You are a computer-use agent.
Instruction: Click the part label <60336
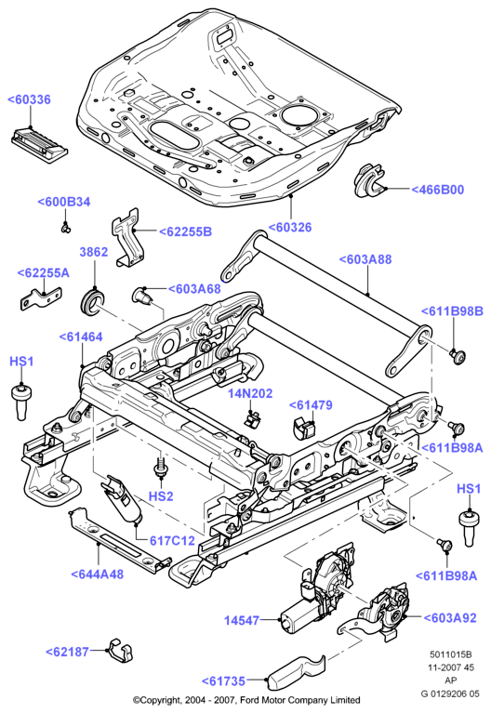point(29,99)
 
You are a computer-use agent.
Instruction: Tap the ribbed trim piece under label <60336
point(39,143)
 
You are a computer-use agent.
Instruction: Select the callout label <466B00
point(437,190)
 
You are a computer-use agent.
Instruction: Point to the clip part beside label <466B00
point(369,182)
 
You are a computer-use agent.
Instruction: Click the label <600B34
point(64,202)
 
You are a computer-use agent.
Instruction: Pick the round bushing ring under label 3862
point(92,302)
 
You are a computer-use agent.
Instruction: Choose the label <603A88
point(365,259)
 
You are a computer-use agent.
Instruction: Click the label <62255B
point(185,231)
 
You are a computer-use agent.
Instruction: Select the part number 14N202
point(250,393)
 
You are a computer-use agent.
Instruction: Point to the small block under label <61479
point(303,427)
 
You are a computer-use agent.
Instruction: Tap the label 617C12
point(172,541)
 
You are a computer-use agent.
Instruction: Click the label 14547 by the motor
point(242,620)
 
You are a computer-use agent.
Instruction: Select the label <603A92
point(450,618)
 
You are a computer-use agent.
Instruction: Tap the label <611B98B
point(451,311)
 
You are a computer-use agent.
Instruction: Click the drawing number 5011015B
point(450,654)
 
